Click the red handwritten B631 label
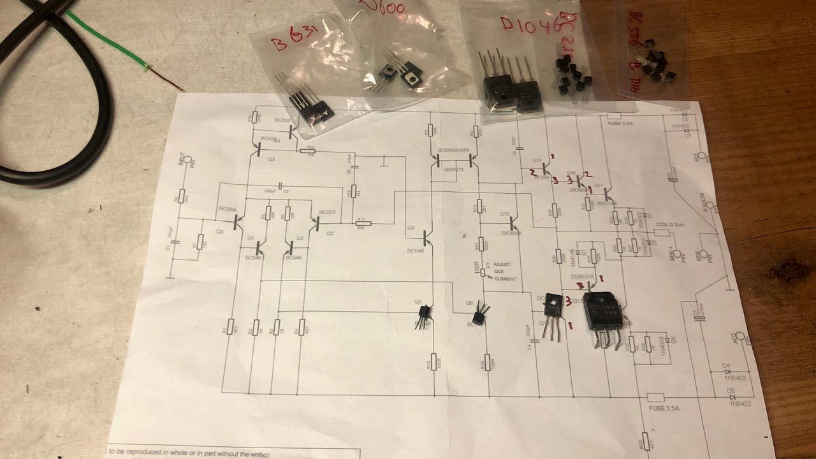coord(293,43)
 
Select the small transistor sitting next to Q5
coord(423,316)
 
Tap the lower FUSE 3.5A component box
coord(655,397)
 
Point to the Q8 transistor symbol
coord(238,221)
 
